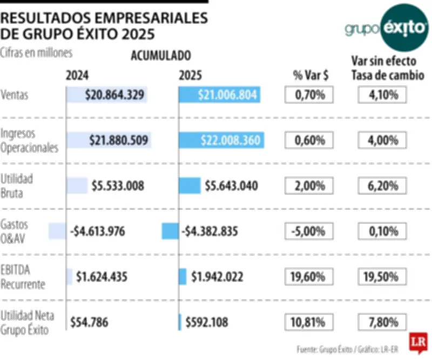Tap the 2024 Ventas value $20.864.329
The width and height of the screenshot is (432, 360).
[x=114, y=95]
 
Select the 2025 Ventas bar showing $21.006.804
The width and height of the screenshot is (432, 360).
[x=220, y=95]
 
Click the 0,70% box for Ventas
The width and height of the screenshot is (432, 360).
[x=309, y=96]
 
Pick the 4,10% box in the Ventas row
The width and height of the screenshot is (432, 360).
[x=382, y=96]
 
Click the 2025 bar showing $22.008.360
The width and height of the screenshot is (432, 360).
[x=221, y=141]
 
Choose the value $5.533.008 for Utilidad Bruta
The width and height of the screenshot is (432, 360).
[x=118, y=186]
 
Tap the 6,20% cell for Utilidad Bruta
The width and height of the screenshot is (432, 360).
[x=382, y=186]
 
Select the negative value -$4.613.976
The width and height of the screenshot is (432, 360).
[x=98, y=231]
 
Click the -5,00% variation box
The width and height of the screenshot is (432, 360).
[x=309, y=231]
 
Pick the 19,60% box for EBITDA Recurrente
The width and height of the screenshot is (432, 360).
[x=309, y=277]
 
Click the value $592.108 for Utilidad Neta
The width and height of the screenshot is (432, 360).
[x=206, y=322]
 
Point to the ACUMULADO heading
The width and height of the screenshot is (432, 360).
[x=160, y=55]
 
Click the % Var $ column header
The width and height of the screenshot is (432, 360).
[x=309, y=76]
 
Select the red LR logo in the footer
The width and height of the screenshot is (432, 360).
[x=416, y=342]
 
